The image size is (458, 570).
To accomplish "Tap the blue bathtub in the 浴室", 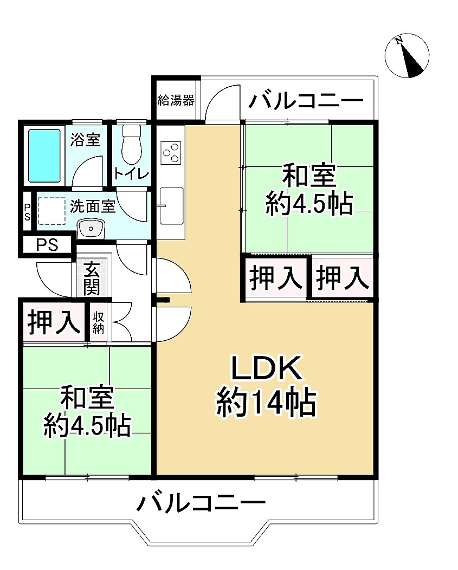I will coord(44,155).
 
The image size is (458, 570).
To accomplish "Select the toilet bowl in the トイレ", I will coord(131,145).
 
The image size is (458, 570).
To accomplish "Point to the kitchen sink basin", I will coord(172,205).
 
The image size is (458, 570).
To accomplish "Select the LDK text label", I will coord(266,371).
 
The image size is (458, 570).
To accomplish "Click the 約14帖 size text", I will coord(266,403).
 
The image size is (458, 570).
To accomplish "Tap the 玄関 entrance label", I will coord(92,278).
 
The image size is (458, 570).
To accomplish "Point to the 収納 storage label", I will coord(98,322).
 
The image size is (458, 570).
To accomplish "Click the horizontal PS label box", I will coord(47,245).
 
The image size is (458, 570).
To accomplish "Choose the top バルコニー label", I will coord(306,101).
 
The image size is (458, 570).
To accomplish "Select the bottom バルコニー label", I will coord(201,503).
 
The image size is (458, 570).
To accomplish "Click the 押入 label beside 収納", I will coord(53,322).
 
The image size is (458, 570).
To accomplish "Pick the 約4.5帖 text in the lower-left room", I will coord(87,426).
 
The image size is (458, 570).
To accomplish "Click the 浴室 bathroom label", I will coord(85,140).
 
